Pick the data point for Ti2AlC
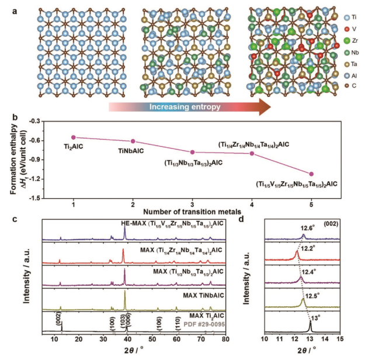pos(74,137)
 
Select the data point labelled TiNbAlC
pos(133,141)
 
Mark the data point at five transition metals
pos(311,174)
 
